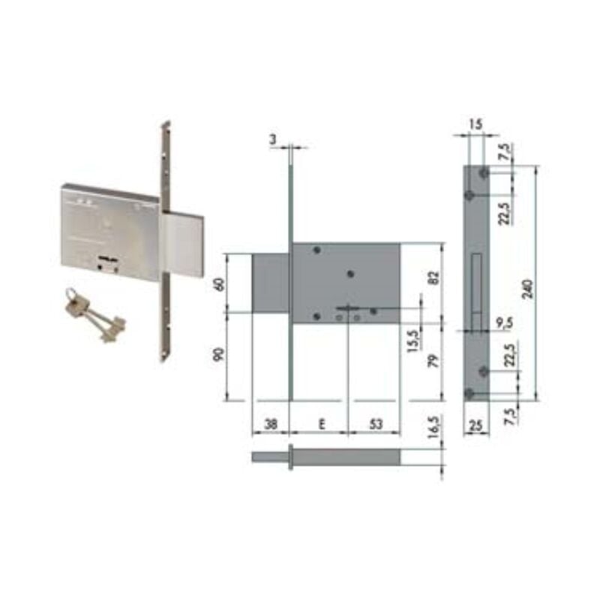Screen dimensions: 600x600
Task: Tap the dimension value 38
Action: coord(271,424)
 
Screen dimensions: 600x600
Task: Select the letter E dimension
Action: coord(322,424)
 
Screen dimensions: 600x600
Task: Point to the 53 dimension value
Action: coord(376,424)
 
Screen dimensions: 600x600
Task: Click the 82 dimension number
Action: coord(434,277)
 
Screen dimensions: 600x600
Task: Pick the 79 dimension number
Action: coord(433,361)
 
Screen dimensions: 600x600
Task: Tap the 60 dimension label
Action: coord(220,285)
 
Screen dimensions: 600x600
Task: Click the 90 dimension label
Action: coord(219,355)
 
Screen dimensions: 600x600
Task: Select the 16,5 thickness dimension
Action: coord(434,427)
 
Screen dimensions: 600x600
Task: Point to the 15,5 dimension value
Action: coord(414,341)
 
